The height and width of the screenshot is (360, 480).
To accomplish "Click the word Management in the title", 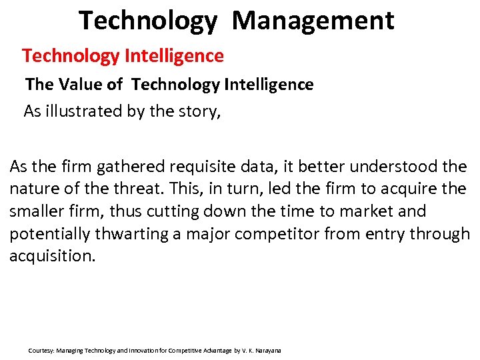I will point(313,21).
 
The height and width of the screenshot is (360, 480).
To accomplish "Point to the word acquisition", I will point(51,257).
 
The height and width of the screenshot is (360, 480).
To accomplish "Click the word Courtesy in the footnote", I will point(41,350).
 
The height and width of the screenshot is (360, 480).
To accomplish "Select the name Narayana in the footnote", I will point(268,350).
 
